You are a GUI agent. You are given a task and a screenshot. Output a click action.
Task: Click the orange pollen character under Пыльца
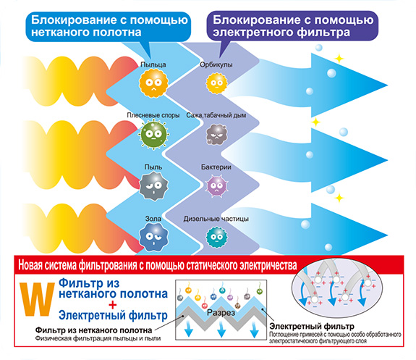153,83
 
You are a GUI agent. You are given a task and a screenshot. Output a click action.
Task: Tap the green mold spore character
153,134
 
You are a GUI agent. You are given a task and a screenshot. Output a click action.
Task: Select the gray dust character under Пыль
153,185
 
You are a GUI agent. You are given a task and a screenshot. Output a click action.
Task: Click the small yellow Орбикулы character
217,83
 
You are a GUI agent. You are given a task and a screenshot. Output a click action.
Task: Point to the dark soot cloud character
217,134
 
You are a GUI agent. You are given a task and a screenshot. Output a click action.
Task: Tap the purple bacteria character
217,185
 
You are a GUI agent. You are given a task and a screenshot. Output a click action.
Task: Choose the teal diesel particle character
217,238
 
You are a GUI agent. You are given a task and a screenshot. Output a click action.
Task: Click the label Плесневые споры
153,115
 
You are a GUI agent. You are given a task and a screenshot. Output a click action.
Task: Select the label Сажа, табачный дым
216,115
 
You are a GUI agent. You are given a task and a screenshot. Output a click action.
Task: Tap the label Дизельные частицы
216,219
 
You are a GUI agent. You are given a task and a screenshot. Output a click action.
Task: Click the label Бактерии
216,167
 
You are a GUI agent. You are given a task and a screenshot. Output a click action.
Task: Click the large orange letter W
37,299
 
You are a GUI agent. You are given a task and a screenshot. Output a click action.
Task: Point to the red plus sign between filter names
112,304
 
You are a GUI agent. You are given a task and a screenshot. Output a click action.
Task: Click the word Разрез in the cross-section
221,313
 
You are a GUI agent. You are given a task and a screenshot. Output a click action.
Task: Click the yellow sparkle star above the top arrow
339,59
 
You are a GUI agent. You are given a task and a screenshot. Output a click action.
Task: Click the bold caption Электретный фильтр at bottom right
312,326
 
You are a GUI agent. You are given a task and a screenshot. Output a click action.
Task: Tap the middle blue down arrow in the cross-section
221,329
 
